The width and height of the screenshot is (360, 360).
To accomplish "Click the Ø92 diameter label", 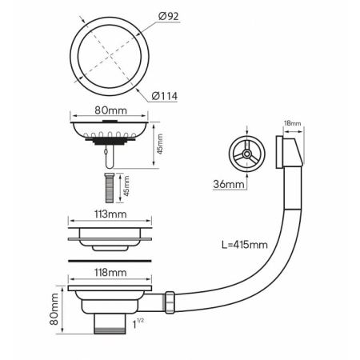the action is pos(169,17).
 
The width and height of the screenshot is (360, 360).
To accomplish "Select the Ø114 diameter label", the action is pos(165,96).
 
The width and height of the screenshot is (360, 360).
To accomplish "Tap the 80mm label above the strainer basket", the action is pos(110,110).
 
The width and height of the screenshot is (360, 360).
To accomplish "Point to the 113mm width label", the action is pos(110,214).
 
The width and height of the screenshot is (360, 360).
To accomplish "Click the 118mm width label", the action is pos(110,273).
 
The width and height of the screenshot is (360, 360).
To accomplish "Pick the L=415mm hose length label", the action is pos(245,245).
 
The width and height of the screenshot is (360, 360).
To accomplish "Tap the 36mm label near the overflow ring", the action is pos(229,184).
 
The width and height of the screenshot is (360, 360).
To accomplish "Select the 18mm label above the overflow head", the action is pos(293,123).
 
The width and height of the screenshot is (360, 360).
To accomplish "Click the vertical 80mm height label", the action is pos(54,309).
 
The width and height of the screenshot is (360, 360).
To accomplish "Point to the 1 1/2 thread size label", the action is pos(138,323).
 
